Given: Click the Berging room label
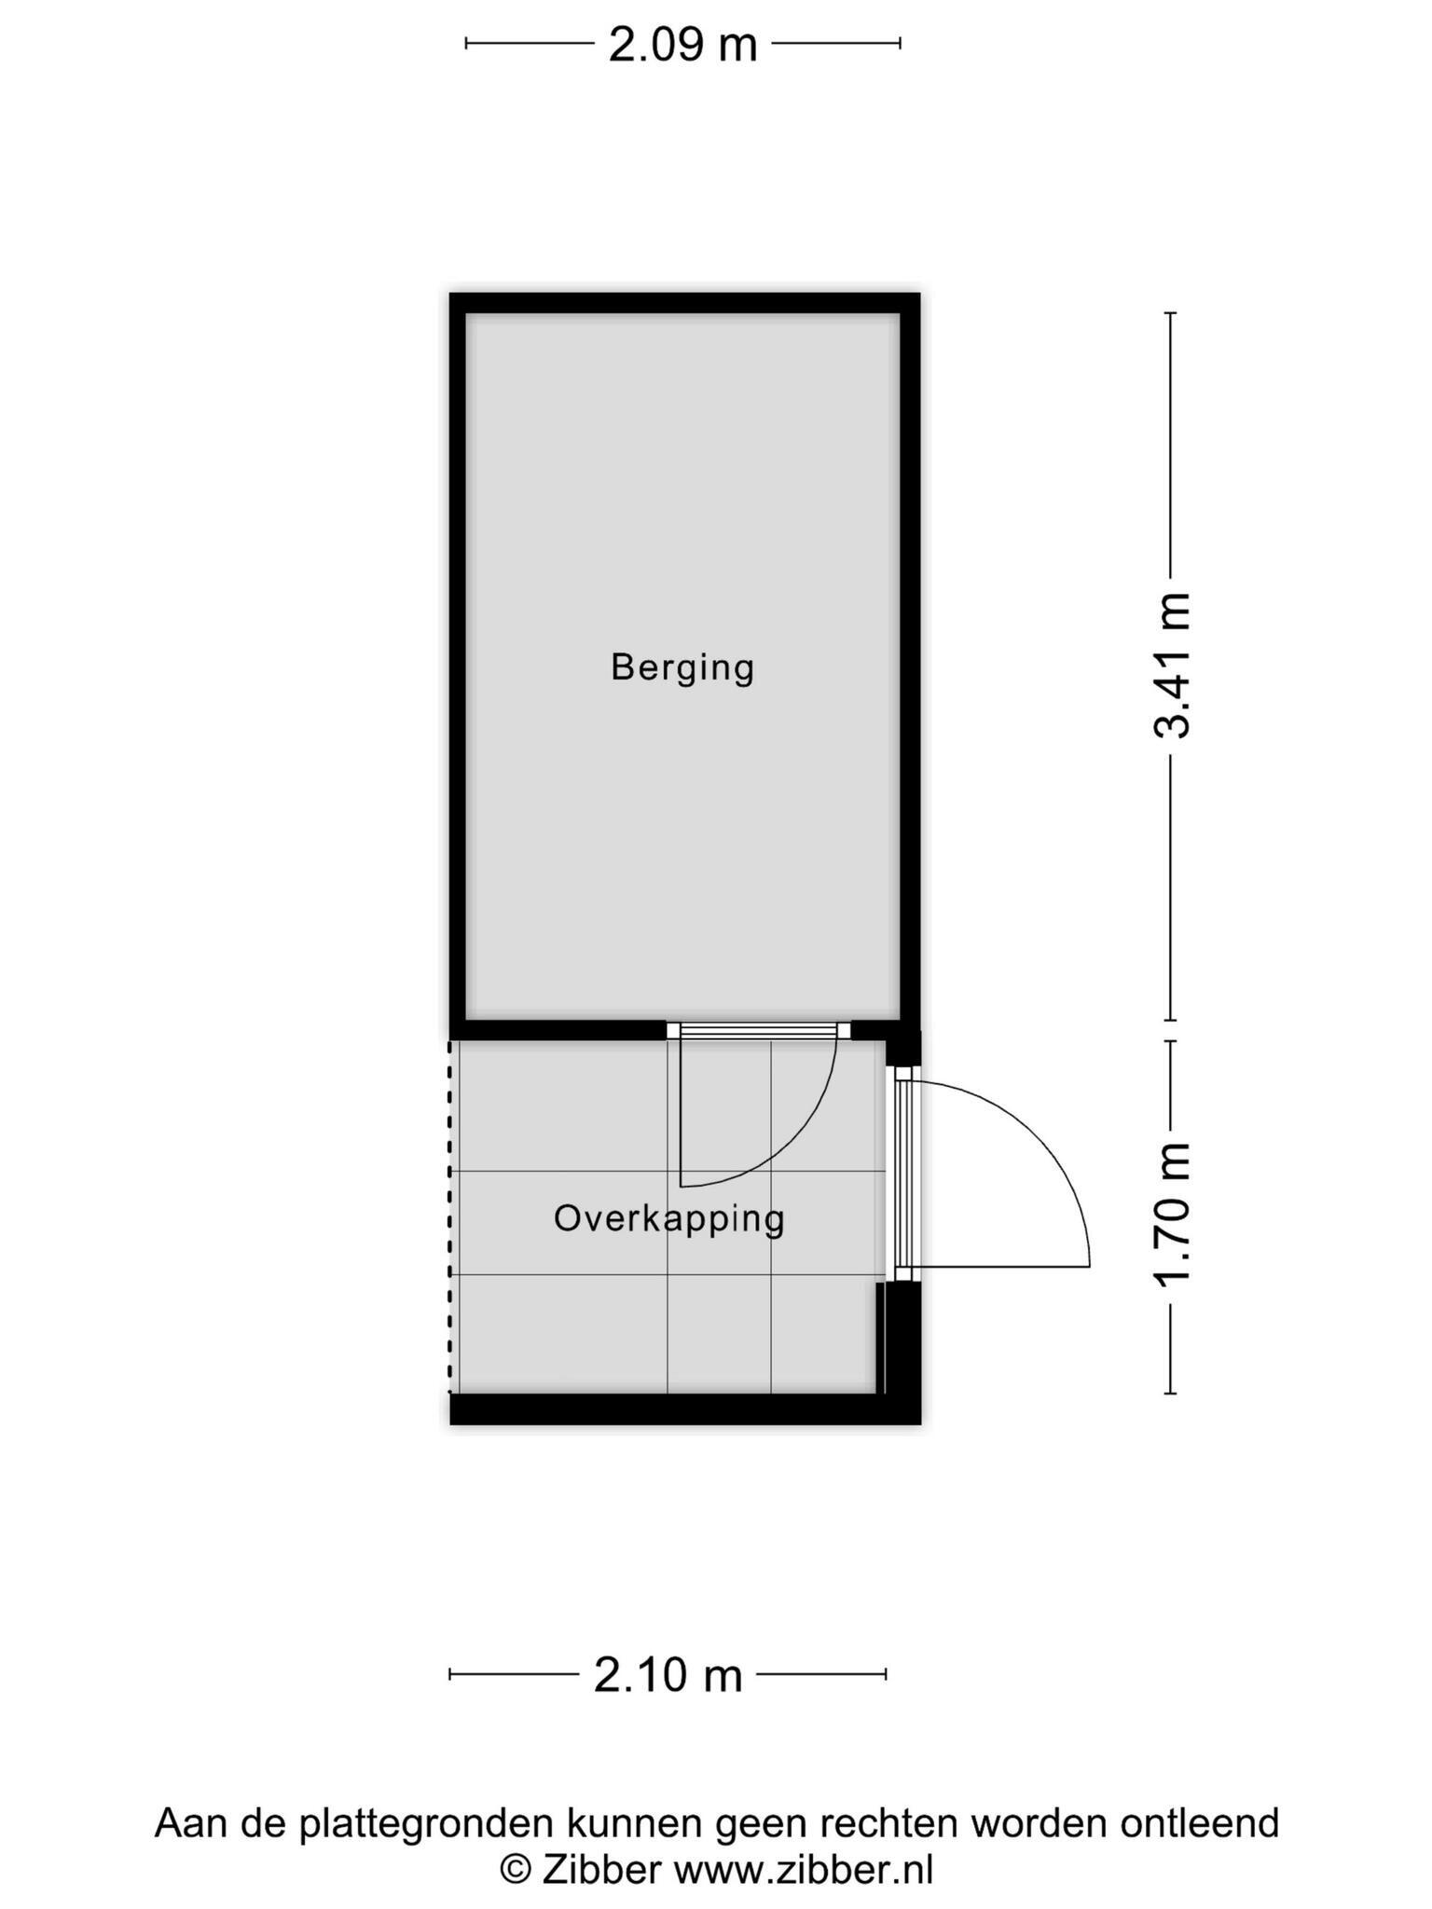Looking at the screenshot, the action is (x=682, y=668).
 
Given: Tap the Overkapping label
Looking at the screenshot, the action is (x=669, y=1219).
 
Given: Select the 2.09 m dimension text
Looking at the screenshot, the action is (x=682, y=45).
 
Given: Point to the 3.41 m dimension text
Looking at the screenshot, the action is (x=1172, y=666).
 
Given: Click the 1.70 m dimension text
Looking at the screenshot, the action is (x=1172, y=1215).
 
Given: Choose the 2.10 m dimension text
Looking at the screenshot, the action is (x=668, y=1676).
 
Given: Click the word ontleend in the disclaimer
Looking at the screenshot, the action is (x=1199, y=1822).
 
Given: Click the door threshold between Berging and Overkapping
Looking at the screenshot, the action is (x=759, y=1030).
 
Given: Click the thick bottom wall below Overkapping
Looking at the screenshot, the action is (x=685, y=1408).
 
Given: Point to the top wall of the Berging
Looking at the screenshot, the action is (x=684, y=303).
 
